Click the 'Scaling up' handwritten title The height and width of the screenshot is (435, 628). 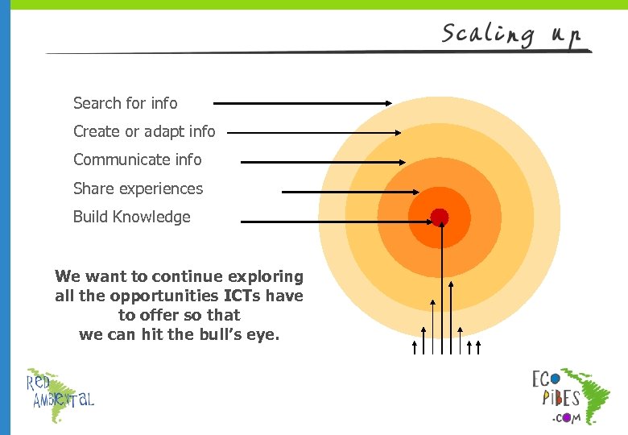510,35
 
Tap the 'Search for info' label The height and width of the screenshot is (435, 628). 125,103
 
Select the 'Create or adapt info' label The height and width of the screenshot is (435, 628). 144,131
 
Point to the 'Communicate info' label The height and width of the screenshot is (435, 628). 137,159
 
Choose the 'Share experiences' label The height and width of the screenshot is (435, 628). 138,188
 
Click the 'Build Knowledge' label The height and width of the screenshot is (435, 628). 131,217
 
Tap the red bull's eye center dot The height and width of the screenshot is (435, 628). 439,217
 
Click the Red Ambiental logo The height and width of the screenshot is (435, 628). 60,395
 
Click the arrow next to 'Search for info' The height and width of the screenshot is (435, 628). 302,103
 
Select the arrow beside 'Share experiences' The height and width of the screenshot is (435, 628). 350,192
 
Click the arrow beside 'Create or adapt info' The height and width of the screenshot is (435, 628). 314,132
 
